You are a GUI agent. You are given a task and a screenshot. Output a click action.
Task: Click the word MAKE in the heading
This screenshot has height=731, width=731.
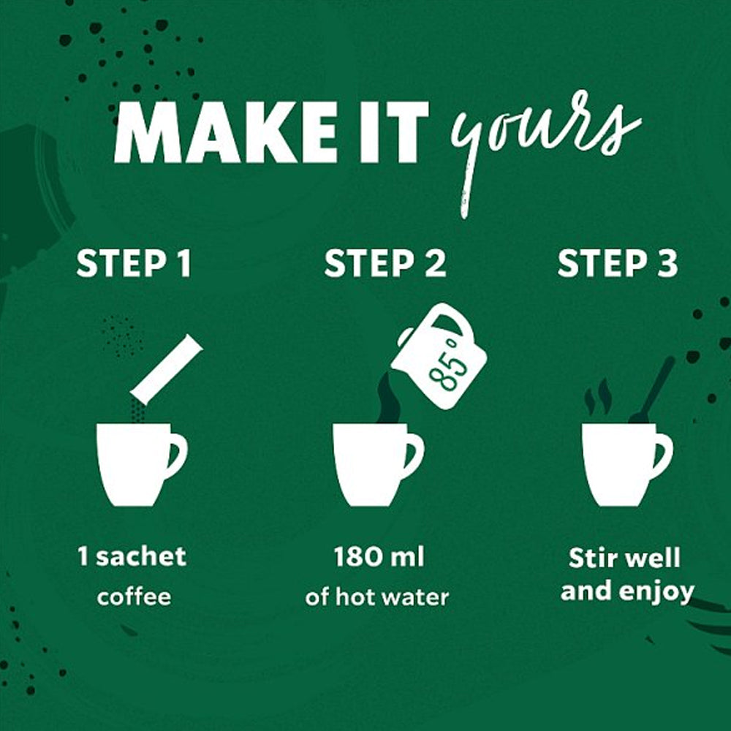tap(224, 132)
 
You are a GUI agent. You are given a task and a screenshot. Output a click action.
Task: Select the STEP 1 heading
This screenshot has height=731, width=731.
tap(134, 264)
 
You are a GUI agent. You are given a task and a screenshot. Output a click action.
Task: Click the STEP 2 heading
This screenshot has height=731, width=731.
tap(385, 264)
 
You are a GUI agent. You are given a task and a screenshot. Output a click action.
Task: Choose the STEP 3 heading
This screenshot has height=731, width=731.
tap(618, 264)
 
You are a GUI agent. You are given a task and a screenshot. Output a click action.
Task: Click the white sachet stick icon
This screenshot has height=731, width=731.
tap(167, 369)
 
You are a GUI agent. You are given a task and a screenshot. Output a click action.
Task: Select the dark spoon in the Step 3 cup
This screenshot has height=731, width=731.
tap(653, 390)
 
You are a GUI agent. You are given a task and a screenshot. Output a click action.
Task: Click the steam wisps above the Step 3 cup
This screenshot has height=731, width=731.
tap(597, 397)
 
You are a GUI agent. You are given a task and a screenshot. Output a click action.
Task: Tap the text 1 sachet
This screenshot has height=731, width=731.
tap(132, 556)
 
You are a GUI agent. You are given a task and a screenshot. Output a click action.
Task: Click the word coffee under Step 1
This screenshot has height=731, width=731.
tap(134, 596)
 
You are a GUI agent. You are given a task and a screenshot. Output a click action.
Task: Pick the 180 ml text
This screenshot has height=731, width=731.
tap(379, 556)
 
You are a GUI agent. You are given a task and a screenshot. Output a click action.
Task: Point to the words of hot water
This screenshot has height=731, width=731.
tap(376, 596)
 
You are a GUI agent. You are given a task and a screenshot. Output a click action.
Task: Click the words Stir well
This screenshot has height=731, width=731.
tap(624, 558)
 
